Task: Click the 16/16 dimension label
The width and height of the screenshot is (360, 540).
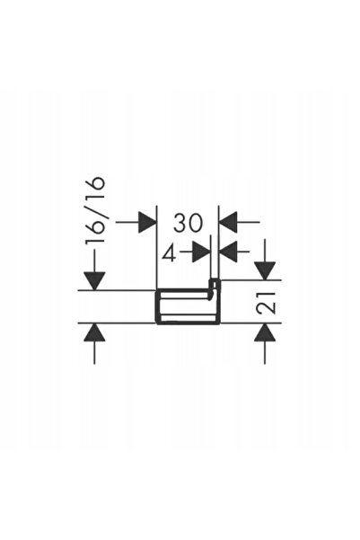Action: [94, 211]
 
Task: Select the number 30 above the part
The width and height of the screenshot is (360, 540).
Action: [189, 223]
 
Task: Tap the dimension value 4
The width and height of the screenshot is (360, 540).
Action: [169, 254]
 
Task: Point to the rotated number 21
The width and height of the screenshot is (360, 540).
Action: [267, 303]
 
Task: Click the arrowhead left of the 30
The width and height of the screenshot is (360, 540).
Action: [147, 223]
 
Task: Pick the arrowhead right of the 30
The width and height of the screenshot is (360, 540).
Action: [228, 223]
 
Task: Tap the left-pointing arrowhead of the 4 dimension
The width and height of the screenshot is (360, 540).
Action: [228, 252]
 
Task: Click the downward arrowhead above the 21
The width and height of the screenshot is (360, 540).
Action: [265, 271]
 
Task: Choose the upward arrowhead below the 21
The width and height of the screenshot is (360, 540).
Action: [265, 332]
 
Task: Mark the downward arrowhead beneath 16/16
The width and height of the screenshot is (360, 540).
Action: [94, 281]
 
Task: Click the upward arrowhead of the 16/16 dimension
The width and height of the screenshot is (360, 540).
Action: [94, 332]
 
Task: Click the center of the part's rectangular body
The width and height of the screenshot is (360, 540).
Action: [188, 307]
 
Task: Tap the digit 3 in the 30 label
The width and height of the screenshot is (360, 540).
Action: [180, 223]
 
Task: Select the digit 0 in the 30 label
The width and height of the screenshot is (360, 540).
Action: [196, 223]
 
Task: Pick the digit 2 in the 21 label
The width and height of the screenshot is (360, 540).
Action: [267, 308]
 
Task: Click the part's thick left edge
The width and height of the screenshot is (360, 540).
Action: [157, 307]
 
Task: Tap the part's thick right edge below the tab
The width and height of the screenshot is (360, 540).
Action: [217, 307]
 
